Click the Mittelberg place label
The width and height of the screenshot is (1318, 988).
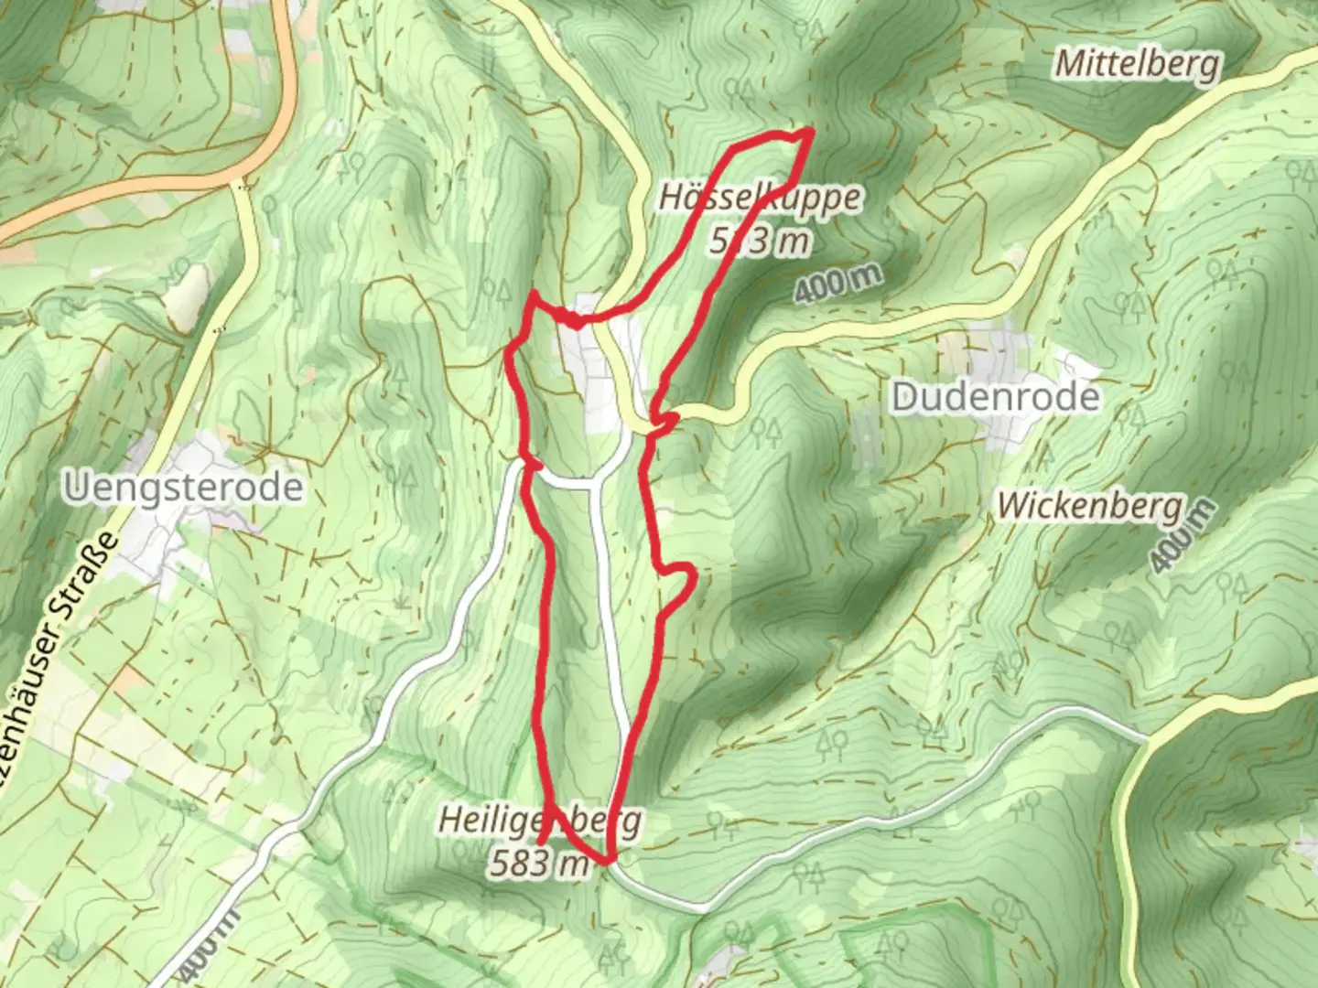(1137, 64)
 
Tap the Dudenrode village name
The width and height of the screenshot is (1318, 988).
(996, 397)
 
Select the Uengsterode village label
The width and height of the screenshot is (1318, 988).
(183, 487)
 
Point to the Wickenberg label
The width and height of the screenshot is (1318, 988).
(1089, 505)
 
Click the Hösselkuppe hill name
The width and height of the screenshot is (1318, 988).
(760, 198)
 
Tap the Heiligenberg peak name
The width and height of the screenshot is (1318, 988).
(540, 820)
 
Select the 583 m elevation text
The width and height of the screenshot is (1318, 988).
(538, 863)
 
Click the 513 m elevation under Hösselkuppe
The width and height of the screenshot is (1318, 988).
(760, 240)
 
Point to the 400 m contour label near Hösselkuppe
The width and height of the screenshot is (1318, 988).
(837, 283)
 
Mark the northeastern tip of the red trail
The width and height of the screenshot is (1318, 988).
(811, 133)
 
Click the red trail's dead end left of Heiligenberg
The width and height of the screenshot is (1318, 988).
(541, 841)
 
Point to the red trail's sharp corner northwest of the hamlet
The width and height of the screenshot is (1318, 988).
(534, 295)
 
